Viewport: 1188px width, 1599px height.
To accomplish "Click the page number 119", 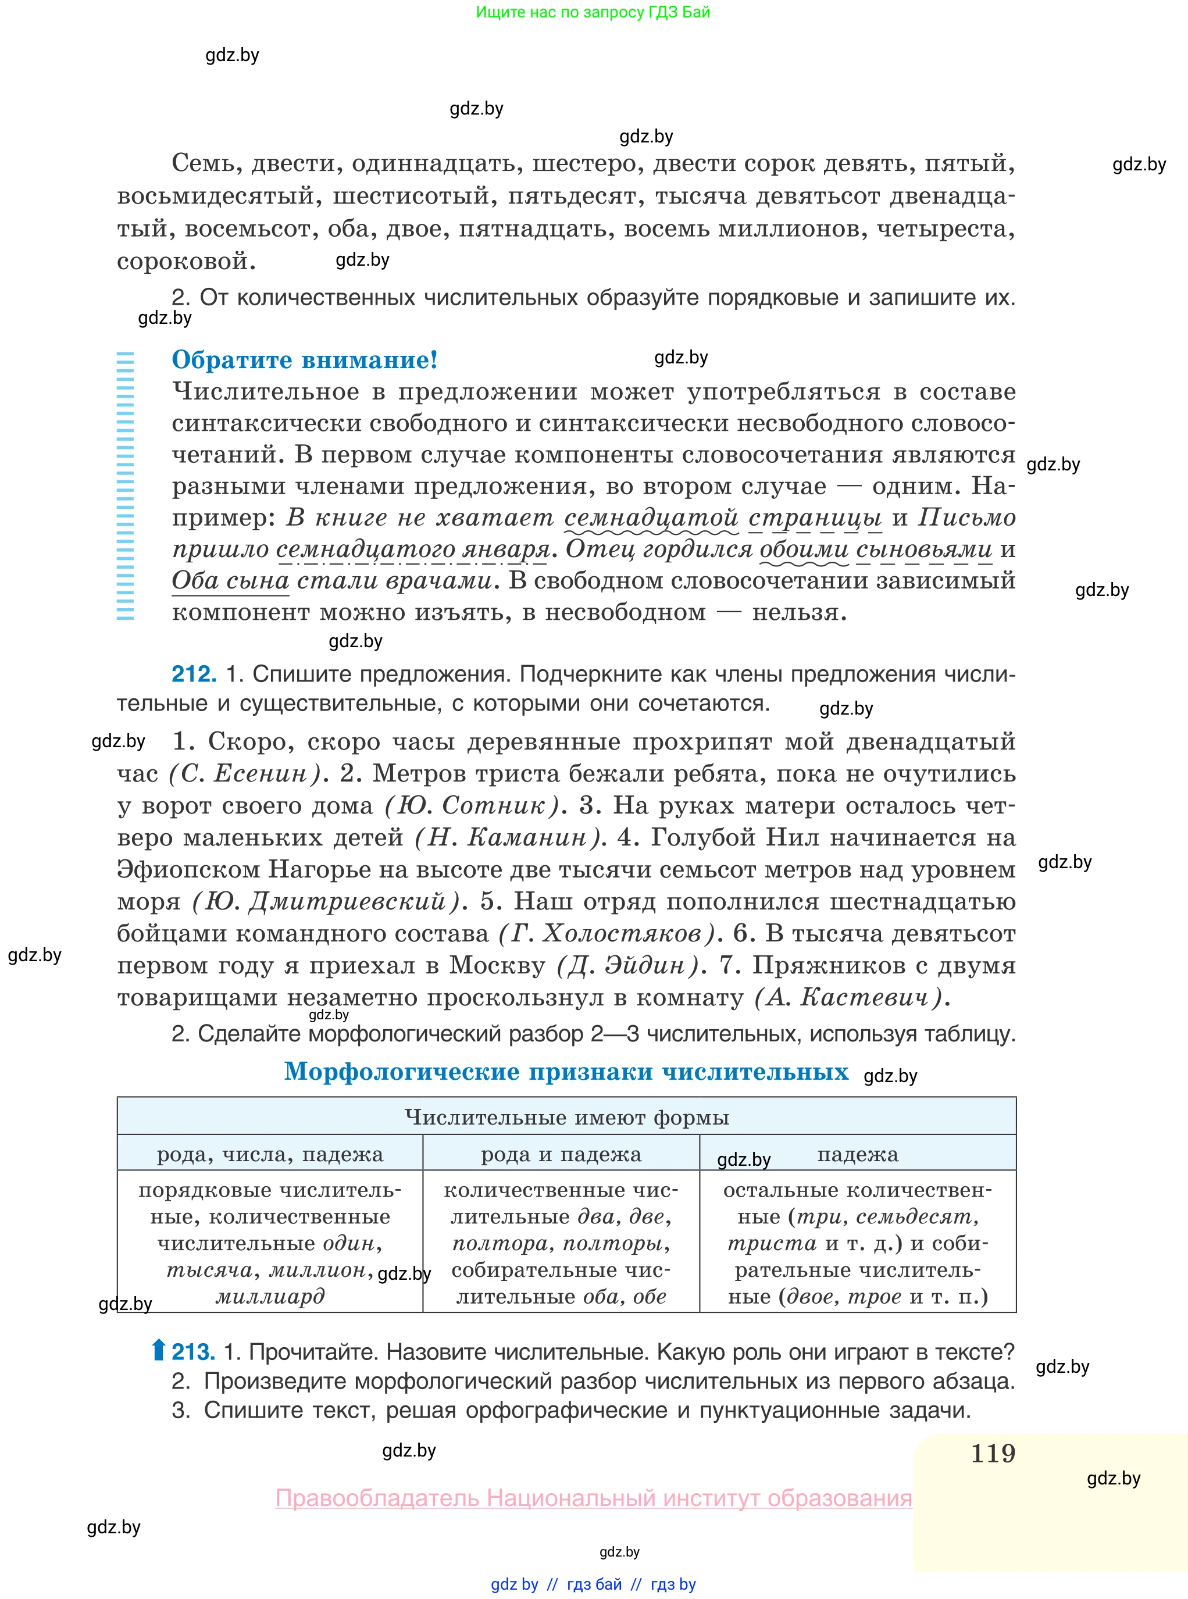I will (x=993, y=1453).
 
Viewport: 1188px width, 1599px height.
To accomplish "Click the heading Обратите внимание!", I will (x=304, y=359).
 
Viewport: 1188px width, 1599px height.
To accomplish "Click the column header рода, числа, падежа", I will (x=270, y=1154).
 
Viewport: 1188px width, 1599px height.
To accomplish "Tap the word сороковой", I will (x=185, y=261).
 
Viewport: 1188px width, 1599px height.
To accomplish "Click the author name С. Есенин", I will (x=244, y=773).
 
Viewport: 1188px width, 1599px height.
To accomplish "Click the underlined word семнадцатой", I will (x=651, y=517).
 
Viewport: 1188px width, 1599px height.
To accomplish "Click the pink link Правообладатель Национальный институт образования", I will (x=593, y=1498).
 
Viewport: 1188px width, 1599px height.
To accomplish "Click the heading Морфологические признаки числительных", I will (x=566, y=1072).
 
